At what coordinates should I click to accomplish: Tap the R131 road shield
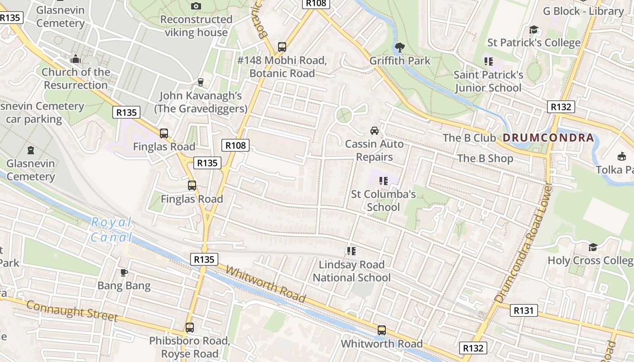coord(524,310)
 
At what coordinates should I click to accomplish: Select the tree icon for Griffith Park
coord(400,47)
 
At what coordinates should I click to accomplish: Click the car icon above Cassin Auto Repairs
coord(375,131)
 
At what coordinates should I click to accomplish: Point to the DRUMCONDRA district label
coord(548,138)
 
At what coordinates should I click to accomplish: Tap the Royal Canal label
coord(111,230)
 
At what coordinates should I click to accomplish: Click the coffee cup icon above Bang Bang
coord(124,272)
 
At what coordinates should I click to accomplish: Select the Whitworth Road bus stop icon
coord(382,330)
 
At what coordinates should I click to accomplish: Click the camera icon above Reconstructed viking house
coord(196,6)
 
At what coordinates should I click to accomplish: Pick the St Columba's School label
coord(384,201)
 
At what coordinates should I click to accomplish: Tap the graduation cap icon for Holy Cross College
coord(593,247)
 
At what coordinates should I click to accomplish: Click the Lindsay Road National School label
coord(351,271)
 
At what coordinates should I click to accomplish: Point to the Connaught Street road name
coord(72,310)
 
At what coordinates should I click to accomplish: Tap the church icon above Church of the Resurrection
coord(76,59)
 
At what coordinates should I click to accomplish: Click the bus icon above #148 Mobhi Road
coord(282,47)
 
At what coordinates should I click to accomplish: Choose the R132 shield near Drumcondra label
coord(561,107)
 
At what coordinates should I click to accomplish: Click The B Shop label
coord(485,158)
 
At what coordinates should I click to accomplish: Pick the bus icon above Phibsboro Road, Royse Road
coord(190,327)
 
